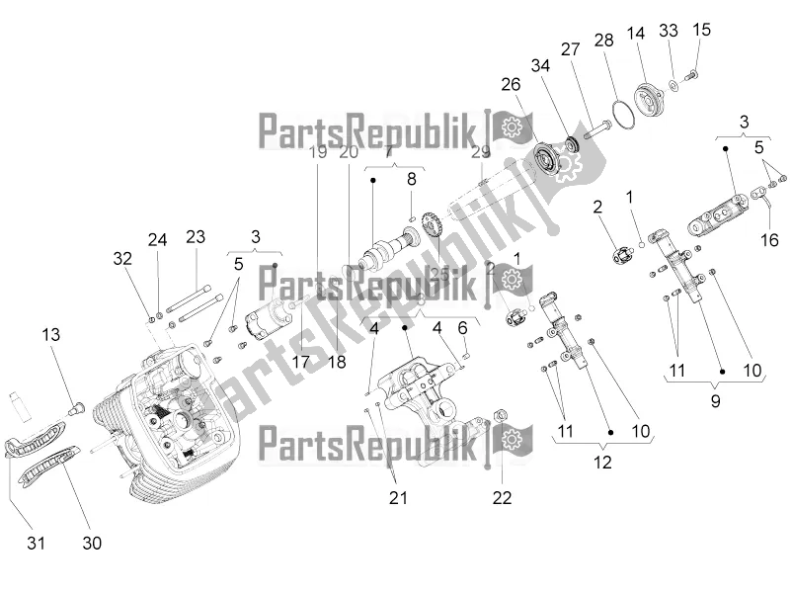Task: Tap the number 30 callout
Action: [91, 543]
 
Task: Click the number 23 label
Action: [196, 236]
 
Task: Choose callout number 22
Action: [503, 497]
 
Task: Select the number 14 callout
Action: [635, 33]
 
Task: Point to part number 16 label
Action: [770, 239]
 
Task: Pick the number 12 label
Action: [601, 461]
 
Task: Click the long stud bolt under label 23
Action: [196, 293]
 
